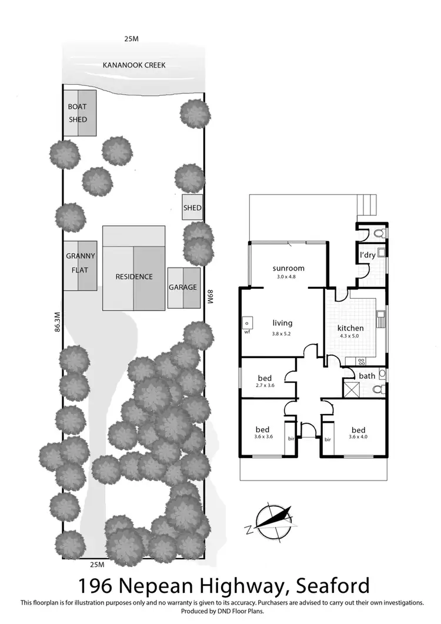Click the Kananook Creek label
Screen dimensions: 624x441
point(133,65)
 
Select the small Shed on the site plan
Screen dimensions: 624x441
point(192,208)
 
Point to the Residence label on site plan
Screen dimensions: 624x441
point(133,276)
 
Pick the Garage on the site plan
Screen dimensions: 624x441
point(182,288)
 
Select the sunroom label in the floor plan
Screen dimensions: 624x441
point(288,268)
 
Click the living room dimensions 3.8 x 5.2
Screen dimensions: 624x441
point(282,334)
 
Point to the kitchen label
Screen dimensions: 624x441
point(350,328)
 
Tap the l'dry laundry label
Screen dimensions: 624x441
point(367,256)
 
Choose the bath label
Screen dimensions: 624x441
point(367,376)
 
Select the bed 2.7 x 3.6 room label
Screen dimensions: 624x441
point(265,378)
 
